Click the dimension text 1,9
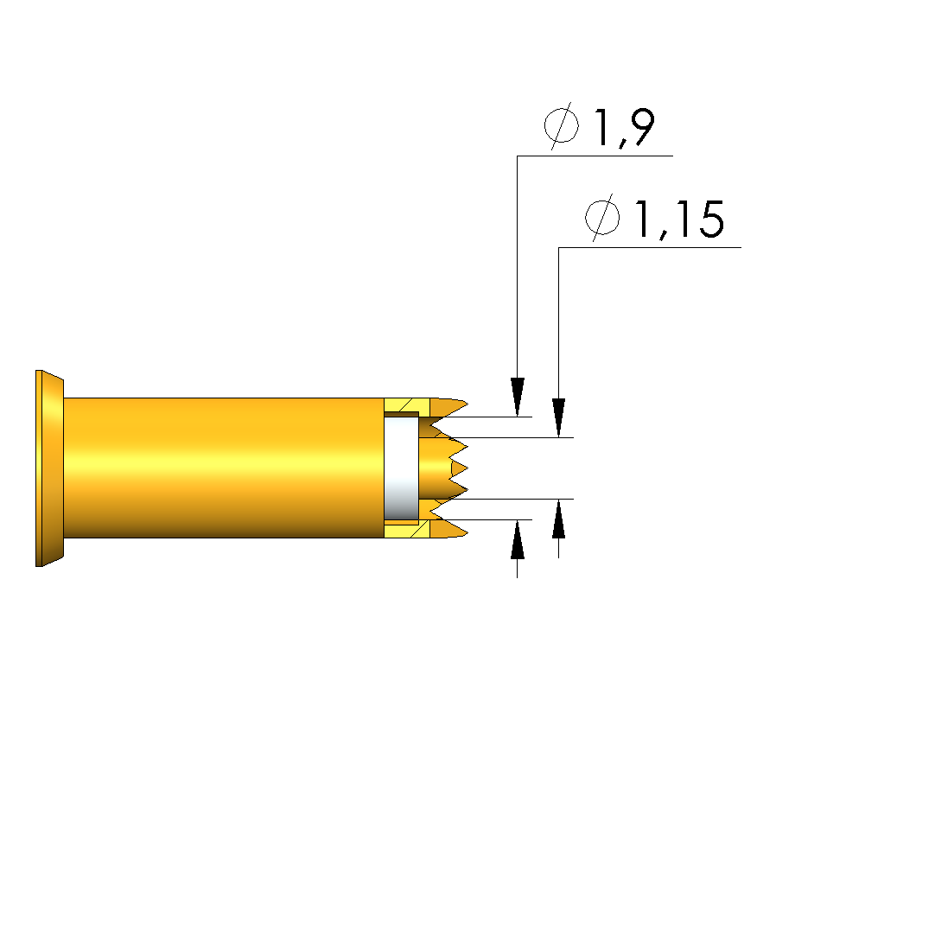click(624, 127)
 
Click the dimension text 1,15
click(679, 219)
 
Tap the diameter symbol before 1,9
click(562, 126)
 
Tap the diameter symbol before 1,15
click(602, 218)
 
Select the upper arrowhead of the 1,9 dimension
click(518, 397)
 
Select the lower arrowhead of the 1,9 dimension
click(518, 539)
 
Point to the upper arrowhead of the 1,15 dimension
click(558, 417)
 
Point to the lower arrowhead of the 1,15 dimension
click(558, 519)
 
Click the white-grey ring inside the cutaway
click(401, 468)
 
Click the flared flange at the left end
click(49, 468)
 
